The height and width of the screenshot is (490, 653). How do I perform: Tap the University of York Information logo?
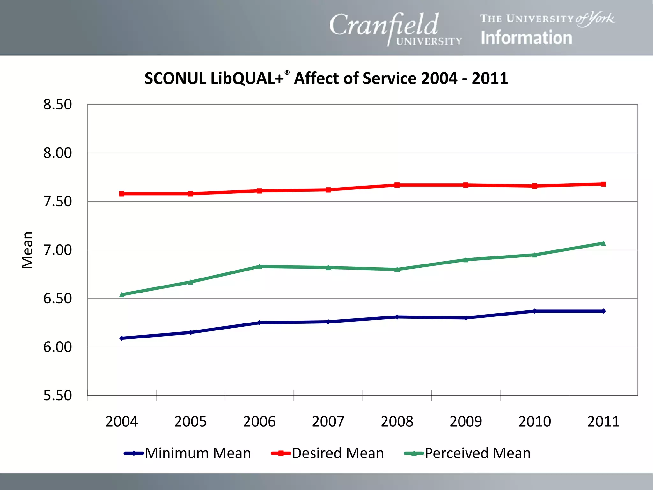point(547,29)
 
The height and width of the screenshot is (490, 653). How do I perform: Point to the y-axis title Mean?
point(27,250)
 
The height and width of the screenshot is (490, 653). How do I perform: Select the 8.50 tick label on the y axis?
point(58,105)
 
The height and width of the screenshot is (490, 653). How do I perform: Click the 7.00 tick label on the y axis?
point(58,250)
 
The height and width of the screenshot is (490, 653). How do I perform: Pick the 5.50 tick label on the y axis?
point(58,396)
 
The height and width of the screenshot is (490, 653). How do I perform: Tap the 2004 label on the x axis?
point(121,421)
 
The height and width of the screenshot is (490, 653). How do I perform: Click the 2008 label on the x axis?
point(397,421)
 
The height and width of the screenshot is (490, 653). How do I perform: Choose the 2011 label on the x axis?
point(603,421)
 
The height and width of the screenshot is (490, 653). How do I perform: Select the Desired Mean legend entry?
point(327,453)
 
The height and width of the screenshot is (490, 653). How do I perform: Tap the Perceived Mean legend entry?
point(467,453)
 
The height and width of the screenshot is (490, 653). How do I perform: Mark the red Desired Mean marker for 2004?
point(122,194)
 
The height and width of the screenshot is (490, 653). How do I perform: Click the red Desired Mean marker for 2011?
point(603,184)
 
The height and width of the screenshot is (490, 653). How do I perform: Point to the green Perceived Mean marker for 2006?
point(259,266)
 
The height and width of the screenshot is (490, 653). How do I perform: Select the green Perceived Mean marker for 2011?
point(603,243)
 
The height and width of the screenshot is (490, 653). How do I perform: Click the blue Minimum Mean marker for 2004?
point(122,338)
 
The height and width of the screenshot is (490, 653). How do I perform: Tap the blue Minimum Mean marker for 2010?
point(535,311)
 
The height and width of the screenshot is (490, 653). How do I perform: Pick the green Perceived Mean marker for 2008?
point(397,269)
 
